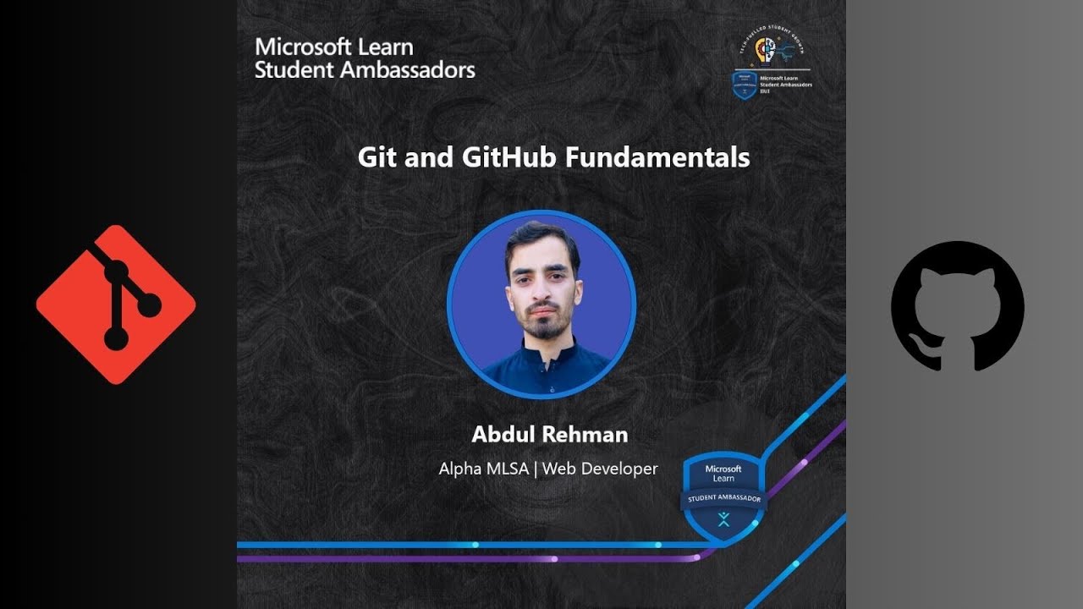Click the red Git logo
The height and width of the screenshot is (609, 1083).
pyautogui.click(x=116, y=304)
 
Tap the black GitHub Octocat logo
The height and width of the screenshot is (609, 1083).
pyautogui.click(x=957, y=306)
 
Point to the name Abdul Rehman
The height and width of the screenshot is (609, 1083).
pyautogui.click(x=550, y=435)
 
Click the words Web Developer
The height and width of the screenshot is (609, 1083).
pyautogui.click(x=600, y=469)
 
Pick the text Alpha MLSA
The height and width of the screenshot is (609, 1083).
pyautogui.click(x=482, y=469)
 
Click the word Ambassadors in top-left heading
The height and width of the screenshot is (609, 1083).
pyautogui.click(x=407, y=69)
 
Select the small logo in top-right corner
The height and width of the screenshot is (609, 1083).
pyautogui.click(x=771, y=69)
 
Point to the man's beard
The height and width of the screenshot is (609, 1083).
pyautogui.click(x=542, y=326)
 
